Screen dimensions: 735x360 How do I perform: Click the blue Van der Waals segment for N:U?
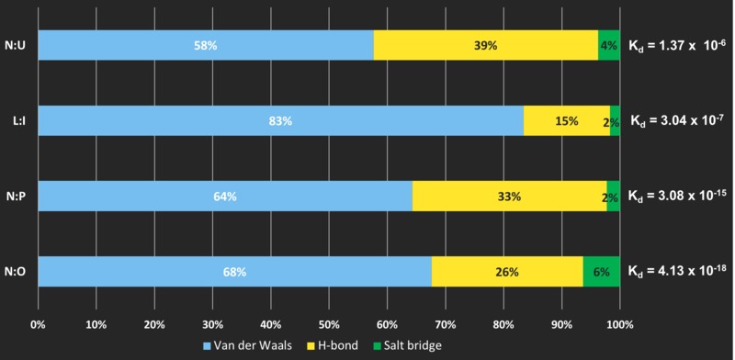[206, 45]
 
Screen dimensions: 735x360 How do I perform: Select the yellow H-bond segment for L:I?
[567, 121]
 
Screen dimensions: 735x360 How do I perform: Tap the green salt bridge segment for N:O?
[602, 272]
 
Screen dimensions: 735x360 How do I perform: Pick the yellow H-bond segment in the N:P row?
[510, 196]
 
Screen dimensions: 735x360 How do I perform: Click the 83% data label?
[280, 121]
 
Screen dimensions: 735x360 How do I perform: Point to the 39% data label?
[486, 46]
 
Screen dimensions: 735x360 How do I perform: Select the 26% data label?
[507, 272]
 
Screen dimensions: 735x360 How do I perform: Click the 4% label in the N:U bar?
[608, 46]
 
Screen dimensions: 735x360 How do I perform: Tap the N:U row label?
[16, 46]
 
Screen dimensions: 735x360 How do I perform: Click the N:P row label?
[16, 197]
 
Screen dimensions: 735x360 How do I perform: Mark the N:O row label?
[16, 272]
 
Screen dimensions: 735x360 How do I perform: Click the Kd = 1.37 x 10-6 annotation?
[677, 44]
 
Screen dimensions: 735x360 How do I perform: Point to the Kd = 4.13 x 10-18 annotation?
[678, 271]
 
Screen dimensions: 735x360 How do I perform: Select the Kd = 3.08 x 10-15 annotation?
[678, 195]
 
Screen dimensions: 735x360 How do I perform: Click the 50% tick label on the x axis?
[329, 324]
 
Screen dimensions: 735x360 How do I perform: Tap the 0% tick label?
[38, 324]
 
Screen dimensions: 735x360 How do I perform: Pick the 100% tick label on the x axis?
[619, 324]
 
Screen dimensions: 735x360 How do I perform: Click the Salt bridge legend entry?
[407, 346]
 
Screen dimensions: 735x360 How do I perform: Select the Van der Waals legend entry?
[247, 346]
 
